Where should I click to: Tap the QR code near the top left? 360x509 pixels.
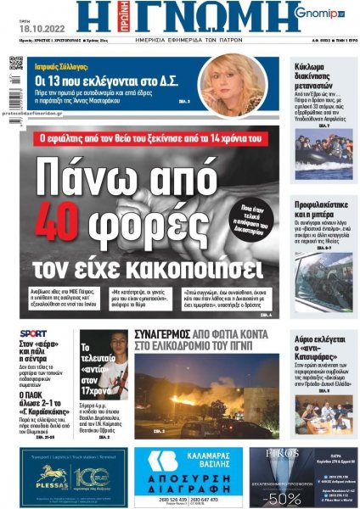(x=16, y=64)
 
